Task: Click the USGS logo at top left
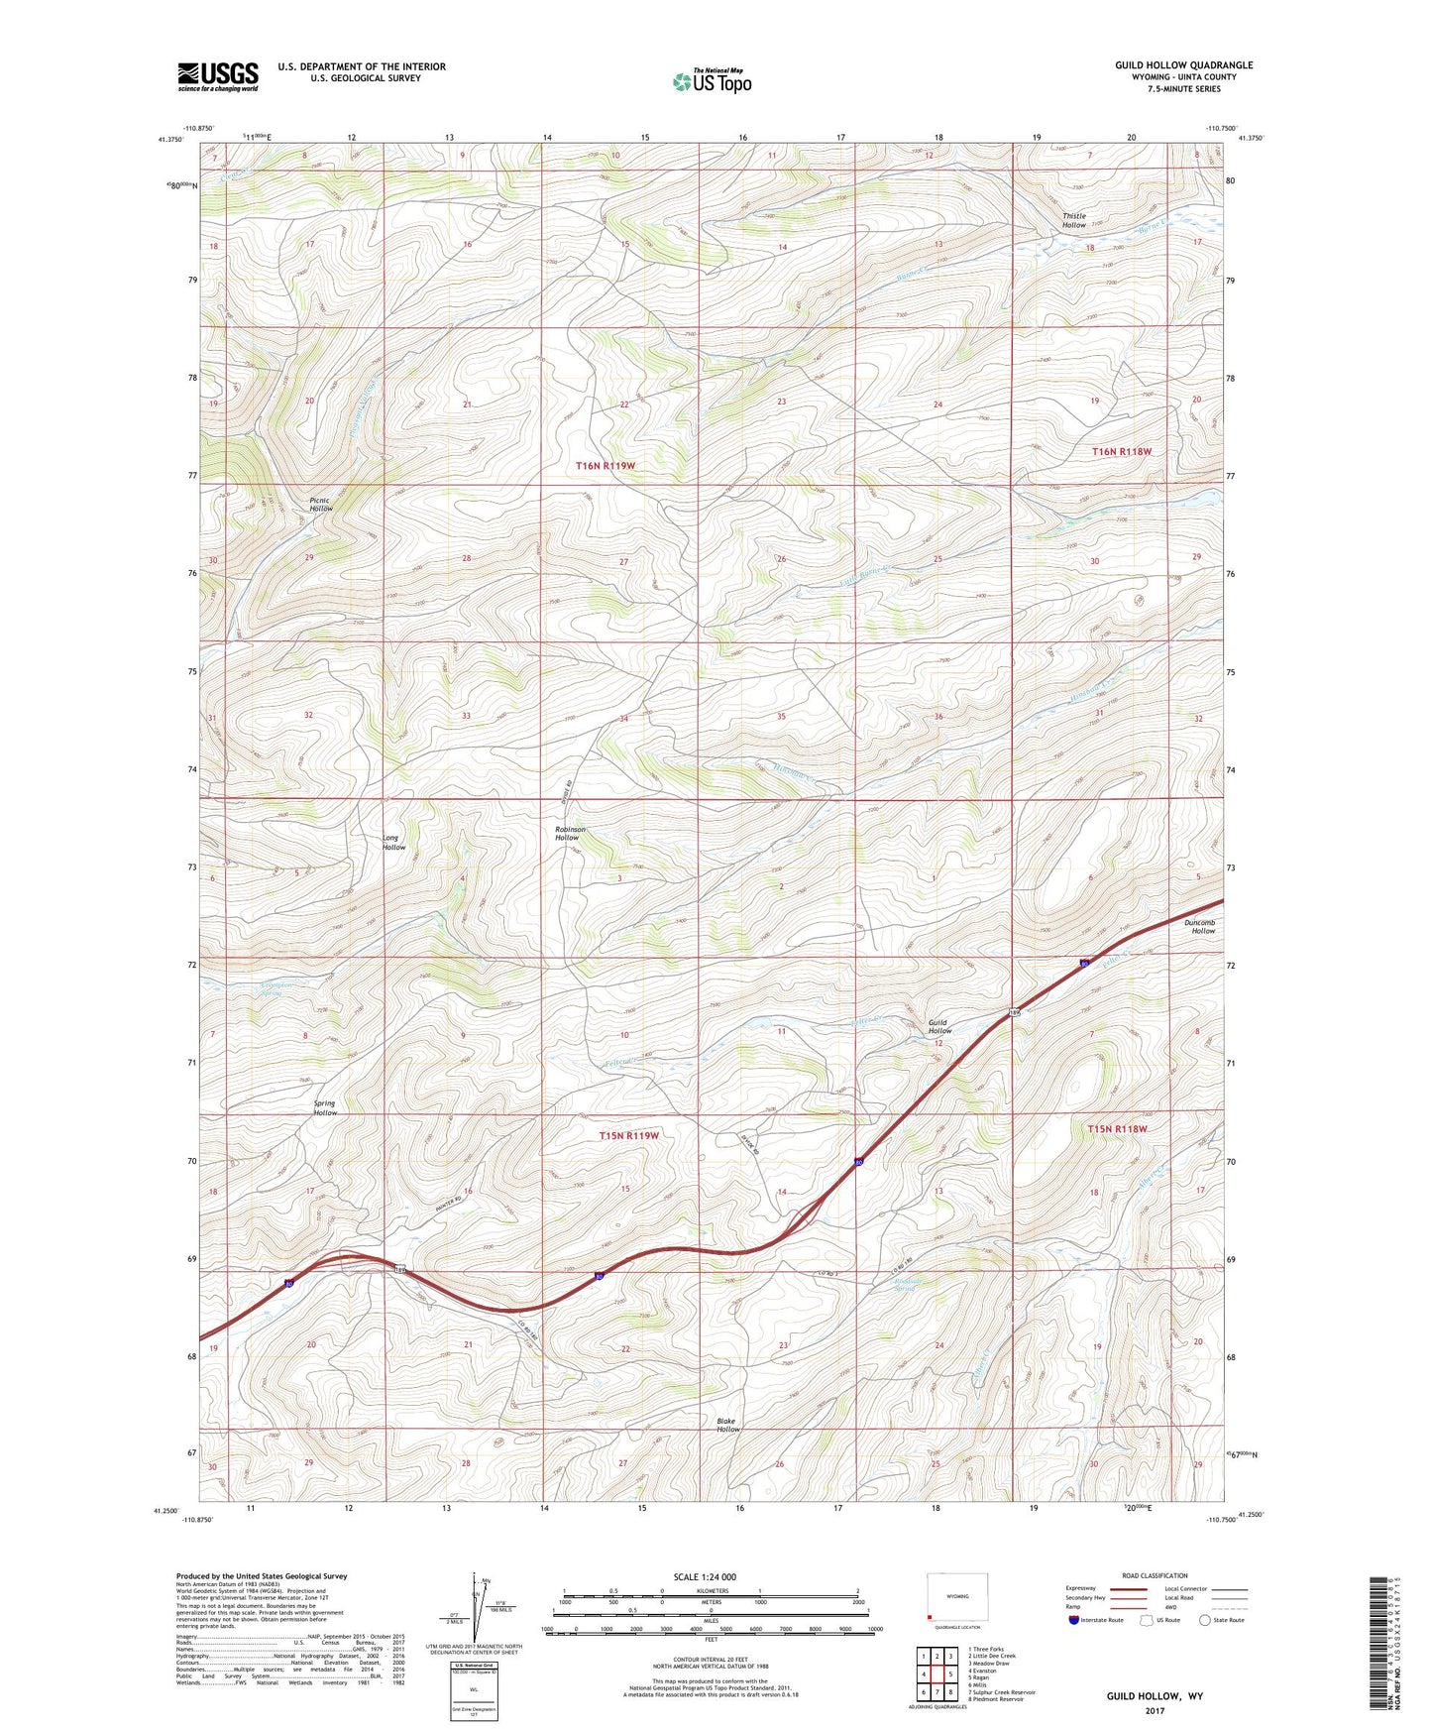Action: click(218, 76)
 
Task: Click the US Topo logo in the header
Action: click(712, 81)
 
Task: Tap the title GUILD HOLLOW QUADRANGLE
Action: click(1183, 65)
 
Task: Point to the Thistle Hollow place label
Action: click(1074, 220)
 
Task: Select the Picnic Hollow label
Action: click(320, 504)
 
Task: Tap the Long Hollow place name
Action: click(393, 842)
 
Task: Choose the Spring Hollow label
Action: click(325, 1107)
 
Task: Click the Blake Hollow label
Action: click(728, 1425)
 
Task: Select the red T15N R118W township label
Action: click(1117, 1129)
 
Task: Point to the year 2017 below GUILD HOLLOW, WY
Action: click(1155, 1710)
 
